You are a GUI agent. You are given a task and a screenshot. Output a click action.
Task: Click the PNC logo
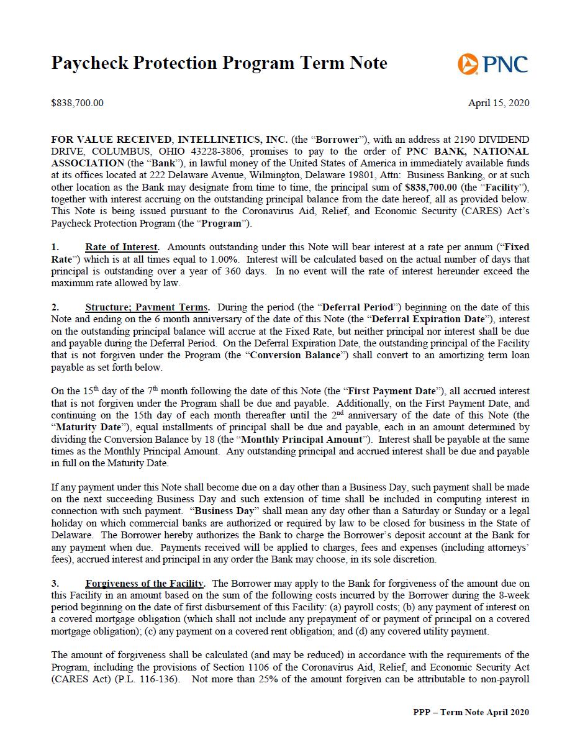pyautogui.click(x=492, y=64)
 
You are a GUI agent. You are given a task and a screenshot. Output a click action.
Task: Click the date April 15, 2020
pyautogui.click(x=499, y=103)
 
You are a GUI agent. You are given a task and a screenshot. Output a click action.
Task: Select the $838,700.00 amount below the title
pyautogui.click(x=77, y=103)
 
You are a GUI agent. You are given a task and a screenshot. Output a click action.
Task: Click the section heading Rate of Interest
pyautogui.click(x=122, y=247)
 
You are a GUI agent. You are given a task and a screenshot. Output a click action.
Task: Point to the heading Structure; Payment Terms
pyautogui.click(x=147, y=307)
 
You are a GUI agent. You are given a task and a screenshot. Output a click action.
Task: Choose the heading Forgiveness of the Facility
pyautogui.click(x=145, y=584)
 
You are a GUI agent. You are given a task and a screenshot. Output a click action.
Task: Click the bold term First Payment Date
pyautogui.click(x=391, y=391)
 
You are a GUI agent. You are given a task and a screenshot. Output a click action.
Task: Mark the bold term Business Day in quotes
pyautogui.click(x=224, y=511)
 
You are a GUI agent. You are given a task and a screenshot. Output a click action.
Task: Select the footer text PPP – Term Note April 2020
pyautogui.click(x=471, y=712)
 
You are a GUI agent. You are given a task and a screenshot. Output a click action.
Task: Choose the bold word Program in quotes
pyautogui.click(x=221, y=223)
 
